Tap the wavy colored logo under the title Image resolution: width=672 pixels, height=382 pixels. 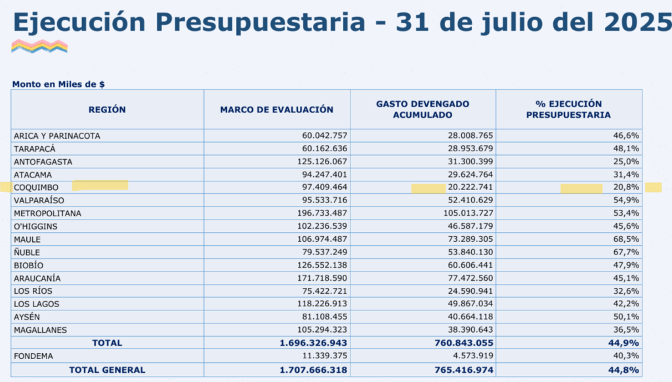point(39,46)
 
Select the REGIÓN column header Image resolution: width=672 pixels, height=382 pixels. point(107,110)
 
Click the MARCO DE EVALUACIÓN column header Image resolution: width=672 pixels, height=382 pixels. point(276,110)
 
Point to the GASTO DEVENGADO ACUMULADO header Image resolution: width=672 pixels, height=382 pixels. point(422,109)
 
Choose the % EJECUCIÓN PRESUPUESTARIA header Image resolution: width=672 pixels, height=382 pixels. point(568,109)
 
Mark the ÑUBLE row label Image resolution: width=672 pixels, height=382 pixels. point(28,252)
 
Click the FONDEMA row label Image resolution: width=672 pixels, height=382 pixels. point(33,356)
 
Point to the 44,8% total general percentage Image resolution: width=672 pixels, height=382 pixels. point(627,370)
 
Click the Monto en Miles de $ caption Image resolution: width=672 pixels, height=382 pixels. point(58,84)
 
